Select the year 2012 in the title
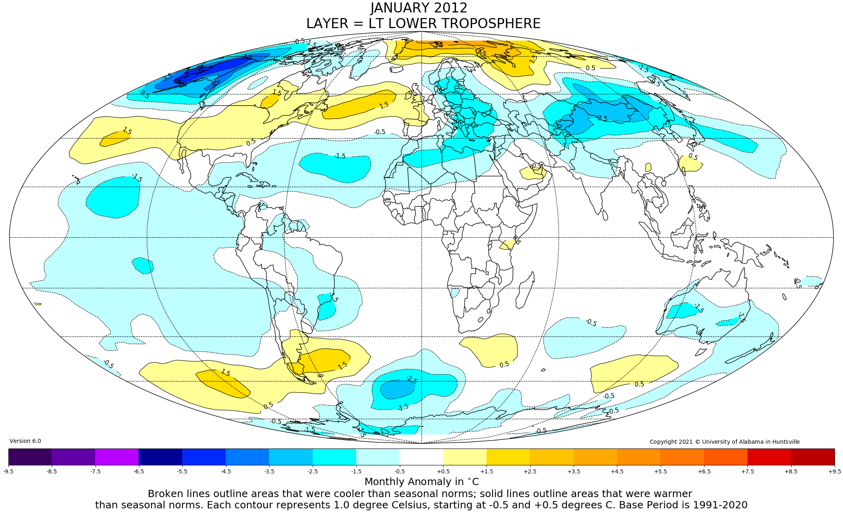click(452, 8)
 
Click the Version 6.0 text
click(25, 441)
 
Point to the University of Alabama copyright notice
click(725, 442)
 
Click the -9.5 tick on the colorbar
click(8, 471)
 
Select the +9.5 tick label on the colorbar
click(834, 471)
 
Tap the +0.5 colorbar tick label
click(443, 471)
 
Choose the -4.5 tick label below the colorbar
click(226, 471)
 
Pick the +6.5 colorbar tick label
click(704, 471)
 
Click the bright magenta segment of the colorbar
click(117, 457)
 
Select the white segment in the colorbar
click(421, 457)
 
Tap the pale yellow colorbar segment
click(465, 457)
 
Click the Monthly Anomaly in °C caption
click(421, 482)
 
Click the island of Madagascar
click(525, 289)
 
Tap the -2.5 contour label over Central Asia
click(602, 118)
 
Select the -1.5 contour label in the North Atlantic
click(340, 156)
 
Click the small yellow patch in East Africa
click(507, 245)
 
